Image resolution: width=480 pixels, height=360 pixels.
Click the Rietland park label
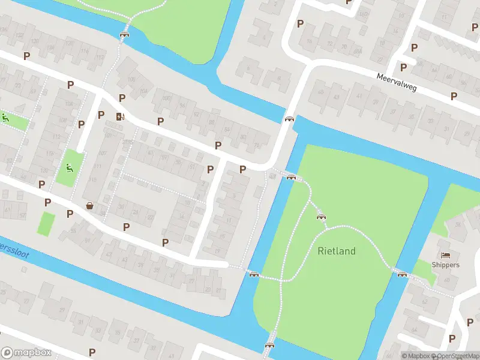337,251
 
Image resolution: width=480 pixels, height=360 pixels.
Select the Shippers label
446,265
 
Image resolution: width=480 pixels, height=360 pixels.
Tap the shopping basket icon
90,206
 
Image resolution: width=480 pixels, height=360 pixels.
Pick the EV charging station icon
120,116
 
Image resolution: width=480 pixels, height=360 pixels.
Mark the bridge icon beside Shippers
402,274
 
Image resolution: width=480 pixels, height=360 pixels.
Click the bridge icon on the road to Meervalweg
290,119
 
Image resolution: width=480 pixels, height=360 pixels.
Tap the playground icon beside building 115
70,167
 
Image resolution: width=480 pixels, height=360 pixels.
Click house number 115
92,180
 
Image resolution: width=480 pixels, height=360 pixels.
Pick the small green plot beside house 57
46,224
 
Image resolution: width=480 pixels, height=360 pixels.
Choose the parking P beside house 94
160,121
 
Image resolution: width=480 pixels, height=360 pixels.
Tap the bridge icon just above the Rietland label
321,217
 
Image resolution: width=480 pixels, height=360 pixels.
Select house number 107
23,214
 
